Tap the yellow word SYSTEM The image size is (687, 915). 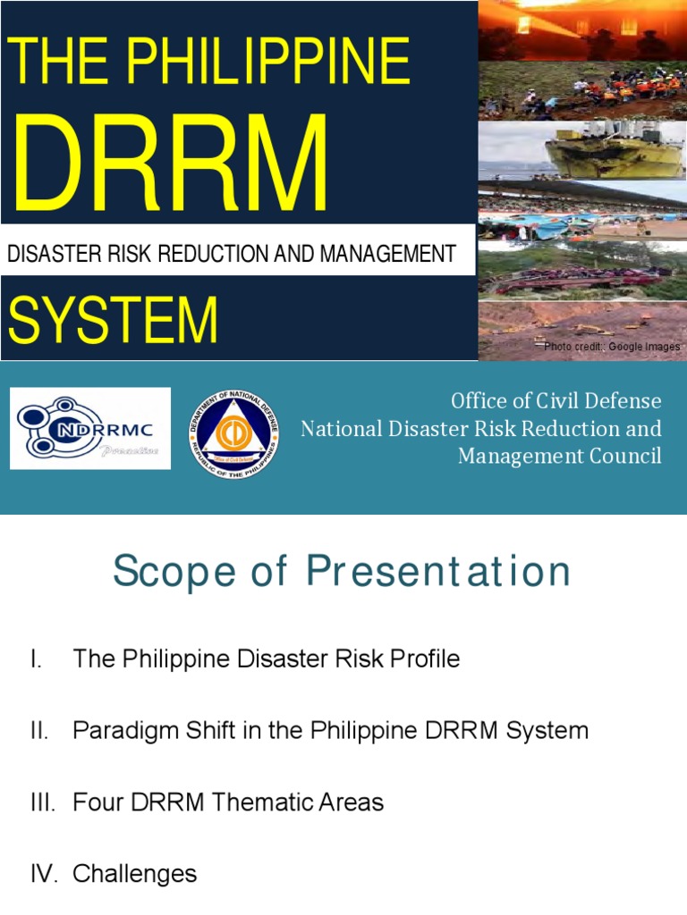click(114, 321)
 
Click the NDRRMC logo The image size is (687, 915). click(89, 428)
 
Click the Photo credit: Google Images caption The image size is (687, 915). click(612, 347)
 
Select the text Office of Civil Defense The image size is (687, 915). click(556, 400)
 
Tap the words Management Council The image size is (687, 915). click(560, 456)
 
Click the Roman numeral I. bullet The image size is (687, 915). click(36, 659)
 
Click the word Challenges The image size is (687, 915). click(134, 873)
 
